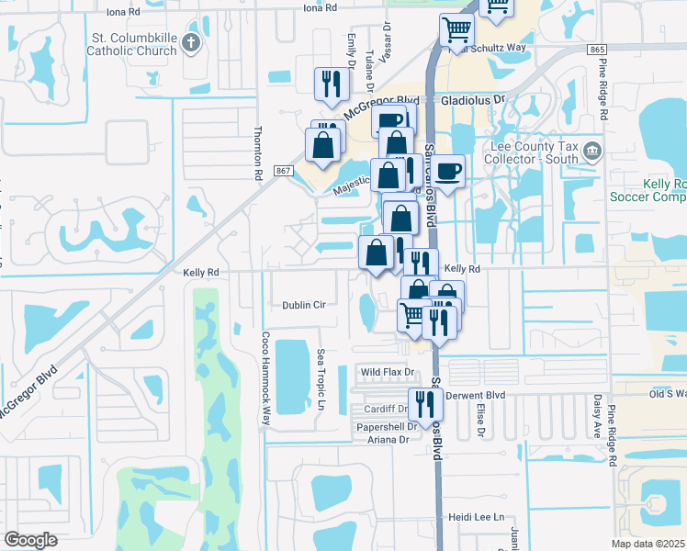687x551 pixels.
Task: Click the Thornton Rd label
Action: (x=258, y=152)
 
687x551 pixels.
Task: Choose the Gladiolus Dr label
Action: (x=473, y=98)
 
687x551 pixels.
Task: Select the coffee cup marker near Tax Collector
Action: (x=449, y=171)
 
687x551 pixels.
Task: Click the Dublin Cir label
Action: (x=304, y=305)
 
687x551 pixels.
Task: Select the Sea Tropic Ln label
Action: (x=321, y=379)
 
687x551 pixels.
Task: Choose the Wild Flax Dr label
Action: (x=388, y=372)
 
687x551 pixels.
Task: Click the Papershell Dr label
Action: (x=387, y=426)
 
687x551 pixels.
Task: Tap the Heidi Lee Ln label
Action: (x=473, y=517)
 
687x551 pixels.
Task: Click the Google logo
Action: (x=30, y=540)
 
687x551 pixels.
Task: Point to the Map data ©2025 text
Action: (x=648, y=544)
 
